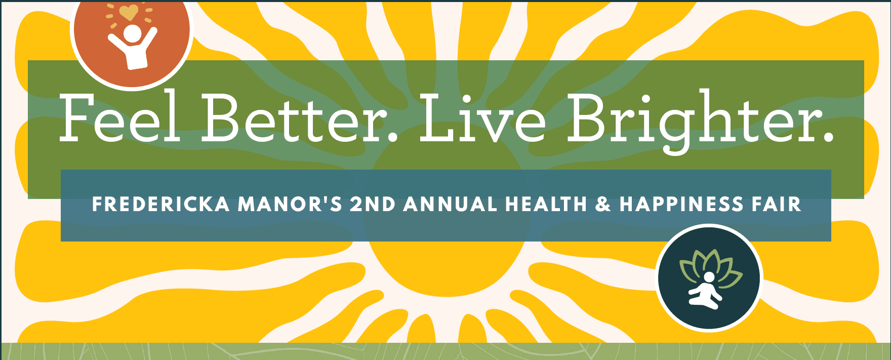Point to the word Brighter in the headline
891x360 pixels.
click(693, 121)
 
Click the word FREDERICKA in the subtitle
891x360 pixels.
click(160, 205)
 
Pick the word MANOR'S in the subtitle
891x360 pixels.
click(290, 205)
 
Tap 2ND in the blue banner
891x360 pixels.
click(373, 205)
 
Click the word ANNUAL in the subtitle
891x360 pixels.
click(451, 205)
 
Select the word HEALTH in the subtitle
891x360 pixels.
click(546, 205)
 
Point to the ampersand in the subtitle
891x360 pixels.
click(603, 205)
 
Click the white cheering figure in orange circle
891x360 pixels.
click(133, 48)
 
